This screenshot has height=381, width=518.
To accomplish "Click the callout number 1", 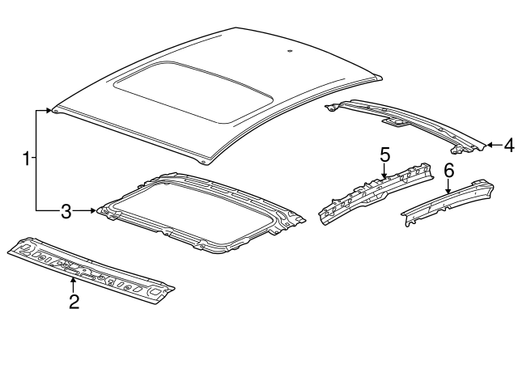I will click(x=28, y=159).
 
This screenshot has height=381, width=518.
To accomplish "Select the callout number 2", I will click(x=74, y=302).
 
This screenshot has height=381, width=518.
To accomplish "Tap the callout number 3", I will click(x=67, y=212).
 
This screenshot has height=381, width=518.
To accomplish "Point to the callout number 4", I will click(x=508, y=146).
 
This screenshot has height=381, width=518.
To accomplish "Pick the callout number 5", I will click(x=384, y=153).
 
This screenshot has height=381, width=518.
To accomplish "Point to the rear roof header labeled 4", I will click(x=405, y=120).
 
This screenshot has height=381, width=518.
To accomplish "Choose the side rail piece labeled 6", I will click(x=449, y=202).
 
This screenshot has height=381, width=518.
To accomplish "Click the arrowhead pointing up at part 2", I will click(x=74, y=281).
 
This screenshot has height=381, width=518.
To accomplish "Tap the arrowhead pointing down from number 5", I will click(x=384, y=173).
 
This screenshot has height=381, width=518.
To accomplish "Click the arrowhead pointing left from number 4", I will click(x=489, y=146).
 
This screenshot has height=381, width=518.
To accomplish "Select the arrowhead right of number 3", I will click(x=94, y=211).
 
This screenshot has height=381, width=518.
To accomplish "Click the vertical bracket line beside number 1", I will click(x=36, y=159).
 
